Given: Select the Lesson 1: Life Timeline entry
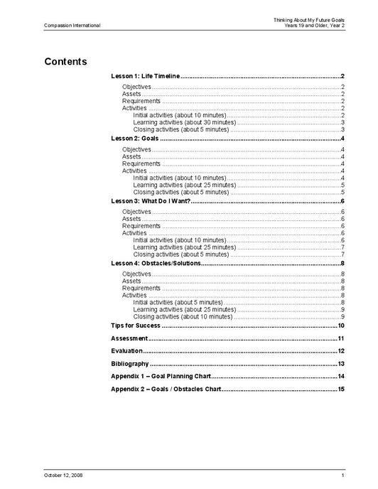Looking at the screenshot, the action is click(x=146, y=76).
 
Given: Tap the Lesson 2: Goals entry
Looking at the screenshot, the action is click(x=134, y=139).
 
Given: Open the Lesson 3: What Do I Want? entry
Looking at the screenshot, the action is click(x=151, y=201).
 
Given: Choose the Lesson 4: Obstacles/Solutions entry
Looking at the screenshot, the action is click(x=156, y=264).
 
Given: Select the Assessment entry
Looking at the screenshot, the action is click(x=130, y=338).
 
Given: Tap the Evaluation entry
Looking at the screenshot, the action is click(x=127, y=351).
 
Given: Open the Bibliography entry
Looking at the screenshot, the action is click(x=130, y=364).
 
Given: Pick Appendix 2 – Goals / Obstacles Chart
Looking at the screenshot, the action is click(x=166, y=389).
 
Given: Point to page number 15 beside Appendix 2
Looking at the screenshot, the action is click(x=341, y=389).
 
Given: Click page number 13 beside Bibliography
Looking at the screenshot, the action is click(x=341, y=364).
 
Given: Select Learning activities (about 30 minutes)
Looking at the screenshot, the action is click(x=184, y=122).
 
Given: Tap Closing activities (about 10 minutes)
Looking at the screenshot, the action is click(x=183, y=316).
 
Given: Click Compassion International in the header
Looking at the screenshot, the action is click(x=72, y=26).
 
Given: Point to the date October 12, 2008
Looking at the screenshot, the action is click(x=63, y=474).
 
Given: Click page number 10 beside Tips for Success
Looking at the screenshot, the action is click(x=341, y=326).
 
